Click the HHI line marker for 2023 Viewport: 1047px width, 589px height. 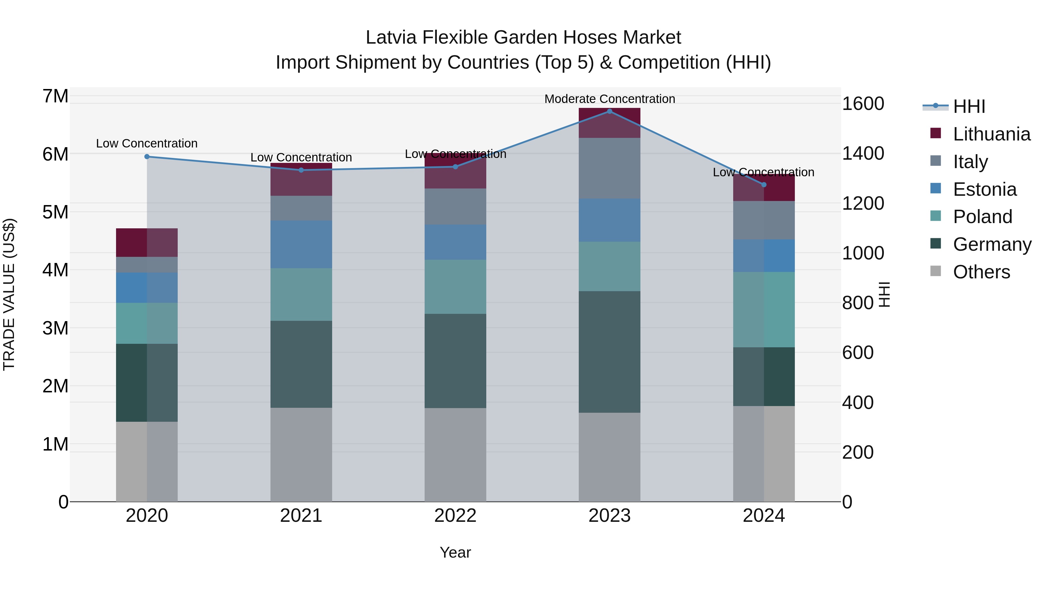click(609, 111)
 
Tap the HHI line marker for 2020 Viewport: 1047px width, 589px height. click(147, 156)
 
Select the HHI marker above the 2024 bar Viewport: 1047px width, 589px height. click(764, 184)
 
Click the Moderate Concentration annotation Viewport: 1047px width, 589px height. click(609, 99)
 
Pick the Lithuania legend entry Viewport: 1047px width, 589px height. click(991, 134)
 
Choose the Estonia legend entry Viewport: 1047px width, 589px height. click(984, 189)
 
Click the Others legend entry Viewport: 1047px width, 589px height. click(981, 272)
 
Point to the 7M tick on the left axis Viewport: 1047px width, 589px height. click(55, 96)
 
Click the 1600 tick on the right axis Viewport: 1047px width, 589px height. click(863, 104)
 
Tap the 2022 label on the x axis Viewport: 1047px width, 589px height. click(455, 516)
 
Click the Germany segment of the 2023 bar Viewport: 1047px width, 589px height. click(609, 352)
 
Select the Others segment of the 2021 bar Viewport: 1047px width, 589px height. click(301, 454)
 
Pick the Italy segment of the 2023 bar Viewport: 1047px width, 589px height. click(609, 168)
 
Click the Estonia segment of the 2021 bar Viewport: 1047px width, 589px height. click(301, 244)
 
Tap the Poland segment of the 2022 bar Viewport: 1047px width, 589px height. click(455, 287)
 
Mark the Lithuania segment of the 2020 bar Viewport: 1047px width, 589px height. click(147, 243)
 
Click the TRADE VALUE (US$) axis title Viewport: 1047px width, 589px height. click(9, 294)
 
